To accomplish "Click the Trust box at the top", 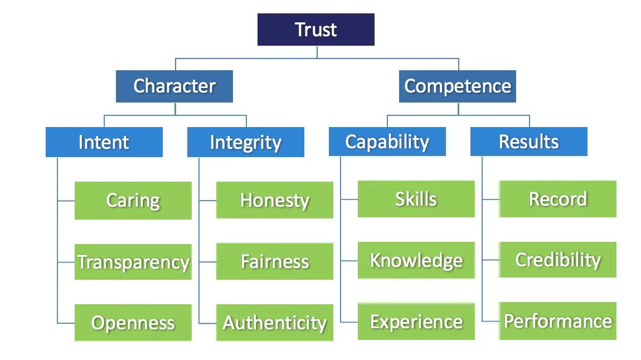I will click(315, 30).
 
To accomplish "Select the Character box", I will click(174, 86).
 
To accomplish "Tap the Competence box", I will click(458, 86).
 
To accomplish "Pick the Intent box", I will click(104, 142).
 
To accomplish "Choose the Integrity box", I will click(246, 142).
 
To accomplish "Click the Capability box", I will click(387, 142).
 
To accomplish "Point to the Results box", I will click(529, 142).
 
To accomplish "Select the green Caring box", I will click(133, 201).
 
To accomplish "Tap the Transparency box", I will click(133, 262).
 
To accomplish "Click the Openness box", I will click(133, 323).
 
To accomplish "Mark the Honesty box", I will click(275, 200).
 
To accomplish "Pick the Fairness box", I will click(275, 261).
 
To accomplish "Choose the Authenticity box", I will click(275, 323).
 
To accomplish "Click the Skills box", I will click(416, 199).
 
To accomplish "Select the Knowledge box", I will click(416, 260).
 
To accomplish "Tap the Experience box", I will click(416, 322).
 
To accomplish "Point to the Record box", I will click(558, 199).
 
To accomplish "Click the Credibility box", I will click(558, 260).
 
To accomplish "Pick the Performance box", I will click(558, 321).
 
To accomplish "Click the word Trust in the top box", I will click(316, 30).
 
